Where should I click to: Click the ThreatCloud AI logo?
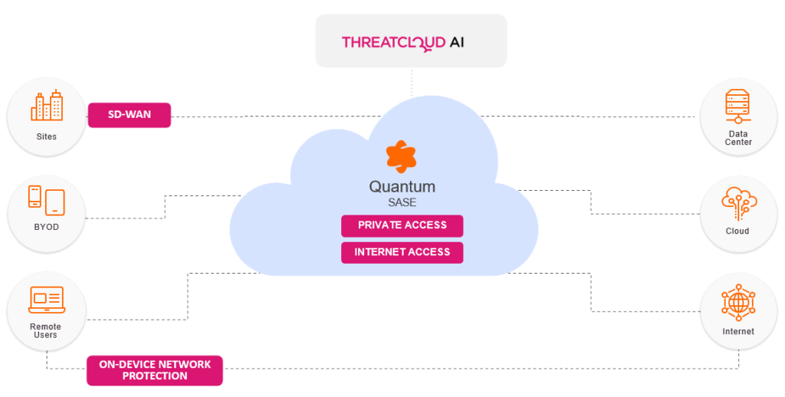coord(402,41)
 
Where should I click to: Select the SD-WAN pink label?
coord(129,115)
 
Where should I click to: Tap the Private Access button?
coord(402,225)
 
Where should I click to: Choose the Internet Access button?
coord(402,252)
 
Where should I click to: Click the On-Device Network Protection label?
coord(154,370)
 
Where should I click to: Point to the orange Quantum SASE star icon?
coord(401,157)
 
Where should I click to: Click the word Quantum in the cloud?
coord(402,186)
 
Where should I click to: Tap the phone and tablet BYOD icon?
coord(46,201)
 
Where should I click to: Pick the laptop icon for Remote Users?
coord(46,300)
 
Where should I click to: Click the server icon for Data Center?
coord(739,107)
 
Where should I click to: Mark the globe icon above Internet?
coord(739,305)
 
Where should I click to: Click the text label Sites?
coord(46,137)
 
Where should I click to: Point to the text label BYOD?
coord(46,228)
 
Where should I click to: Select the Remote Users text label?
coord(46,331)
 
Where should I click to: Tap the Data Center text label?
coord(739,138)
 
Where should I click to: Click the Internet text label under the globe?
coord(738,332)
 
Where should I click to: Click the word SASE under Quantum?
coord(402,202)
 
